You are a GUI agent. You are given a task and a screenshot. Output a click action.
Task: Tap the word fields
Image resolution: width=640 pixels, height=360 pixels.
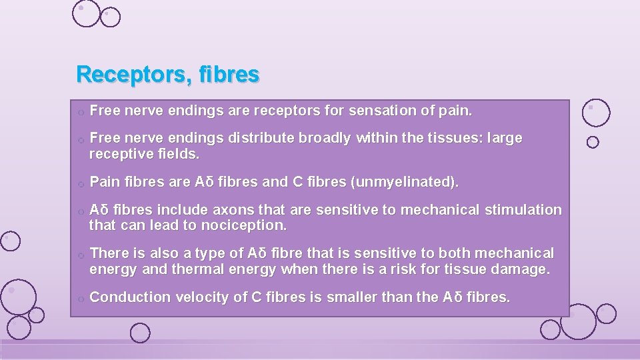180,154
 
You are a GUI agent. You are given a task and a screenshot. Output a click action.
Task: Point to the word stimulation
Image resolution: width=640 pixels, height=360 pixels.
523,209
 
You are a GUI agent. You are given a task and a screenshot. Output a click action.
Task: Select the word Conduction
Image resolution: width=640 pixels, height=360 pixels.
129,297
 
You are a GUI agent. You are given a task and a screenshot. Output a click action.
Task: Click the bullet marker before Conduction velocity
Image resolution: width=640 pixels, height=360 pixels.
79,299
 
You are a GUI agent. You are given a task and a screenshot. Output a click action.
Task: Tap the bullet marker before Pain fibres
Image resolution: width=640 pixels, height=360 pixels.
79,183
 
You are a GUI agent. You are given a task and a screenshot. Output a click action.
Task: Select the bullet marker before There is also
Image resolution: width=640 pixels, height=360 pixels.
79,255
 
